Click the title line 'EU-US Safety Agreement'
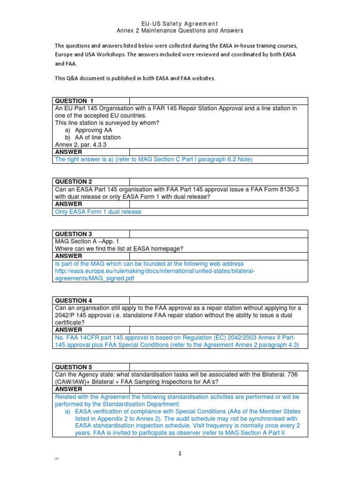180,23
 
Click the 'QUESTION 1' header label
75,101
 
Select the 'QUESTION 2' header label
74,182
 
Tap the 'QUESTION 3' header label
74,234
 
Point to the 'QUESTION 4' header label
74,301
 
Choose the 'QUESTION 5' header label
74,367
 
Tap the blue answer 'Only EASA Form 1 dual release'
98,212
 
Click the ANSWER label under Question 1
68,152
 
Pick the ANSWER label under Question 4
68,330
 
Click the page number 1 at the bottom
180,453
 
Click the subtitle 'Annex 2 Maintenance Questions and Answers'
180,31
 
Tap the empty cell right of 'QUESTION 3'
218,234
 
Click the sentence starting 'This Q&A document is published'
135,78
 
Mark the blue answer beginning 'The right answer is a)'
154,160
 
